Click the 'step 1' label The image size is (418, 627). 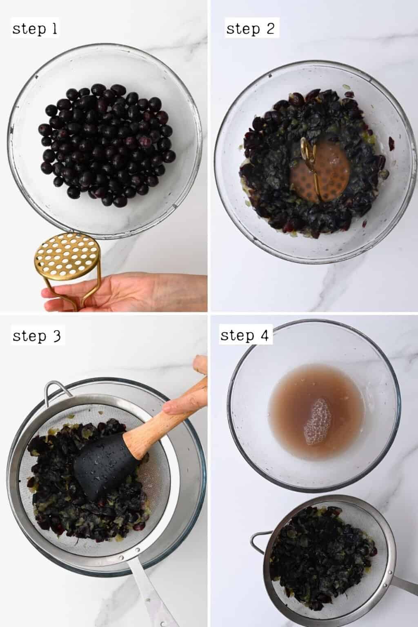35,29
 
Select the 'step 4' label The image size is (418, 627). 245,336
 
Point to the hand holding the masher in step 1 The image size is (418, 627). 122,292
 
